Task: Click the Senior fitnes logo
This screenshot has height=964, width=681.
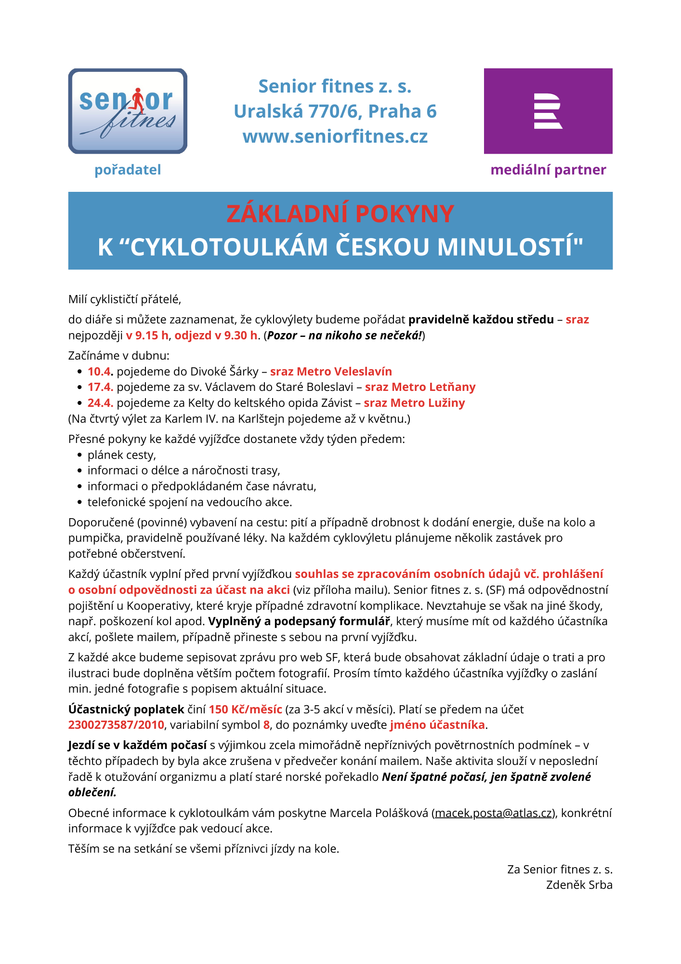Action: [x=128, y=111]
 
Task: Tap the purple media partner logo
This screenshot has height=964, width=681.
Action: [x=548, y=111]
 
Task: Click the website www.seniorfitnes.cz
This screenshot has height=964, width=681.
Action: [x=335, y=136]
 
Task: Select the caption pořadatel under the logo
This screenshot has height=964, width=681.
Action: [x=128, y=170]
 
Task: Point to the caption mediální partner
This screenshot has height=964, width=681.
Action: [x=548, y=170]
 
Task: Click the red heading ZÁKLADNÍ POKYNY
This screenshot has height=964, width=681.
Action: [x=340, y=214]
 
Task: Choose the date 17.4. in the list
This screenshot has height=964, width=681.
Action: [x=100, y=387]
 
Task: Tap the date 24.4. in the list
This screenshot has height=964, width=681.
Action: [x=100, y=403]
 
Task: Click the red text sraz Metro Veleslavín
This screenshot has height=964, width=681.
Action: [x=331, y=372]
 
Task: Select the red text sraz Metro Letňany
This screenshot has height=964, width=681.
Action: [x=420, y=387]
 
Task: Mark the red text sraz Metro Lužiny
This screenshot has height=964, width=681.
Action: [x=414, y=403]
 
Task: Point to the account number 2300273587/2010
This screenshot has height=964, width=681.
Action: [x=116, y=725]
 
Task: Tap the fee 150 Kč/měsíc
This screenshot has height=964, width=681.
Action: [x=245, y=710]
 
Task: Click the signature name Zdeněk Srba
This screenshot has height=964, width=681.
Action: [x=579, y=885]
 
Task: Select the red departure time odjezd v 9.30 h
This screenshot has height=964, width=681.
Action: [x=216, y=335]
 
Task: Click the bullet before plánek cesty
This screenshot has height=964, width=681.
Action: [x=80, y=455]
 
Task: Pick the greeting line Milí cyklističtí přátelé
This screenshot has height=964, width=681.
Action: [x=125, y=299]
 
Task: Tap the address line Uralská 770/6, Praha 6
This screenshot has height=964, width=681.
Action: [x=335, y=111]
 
